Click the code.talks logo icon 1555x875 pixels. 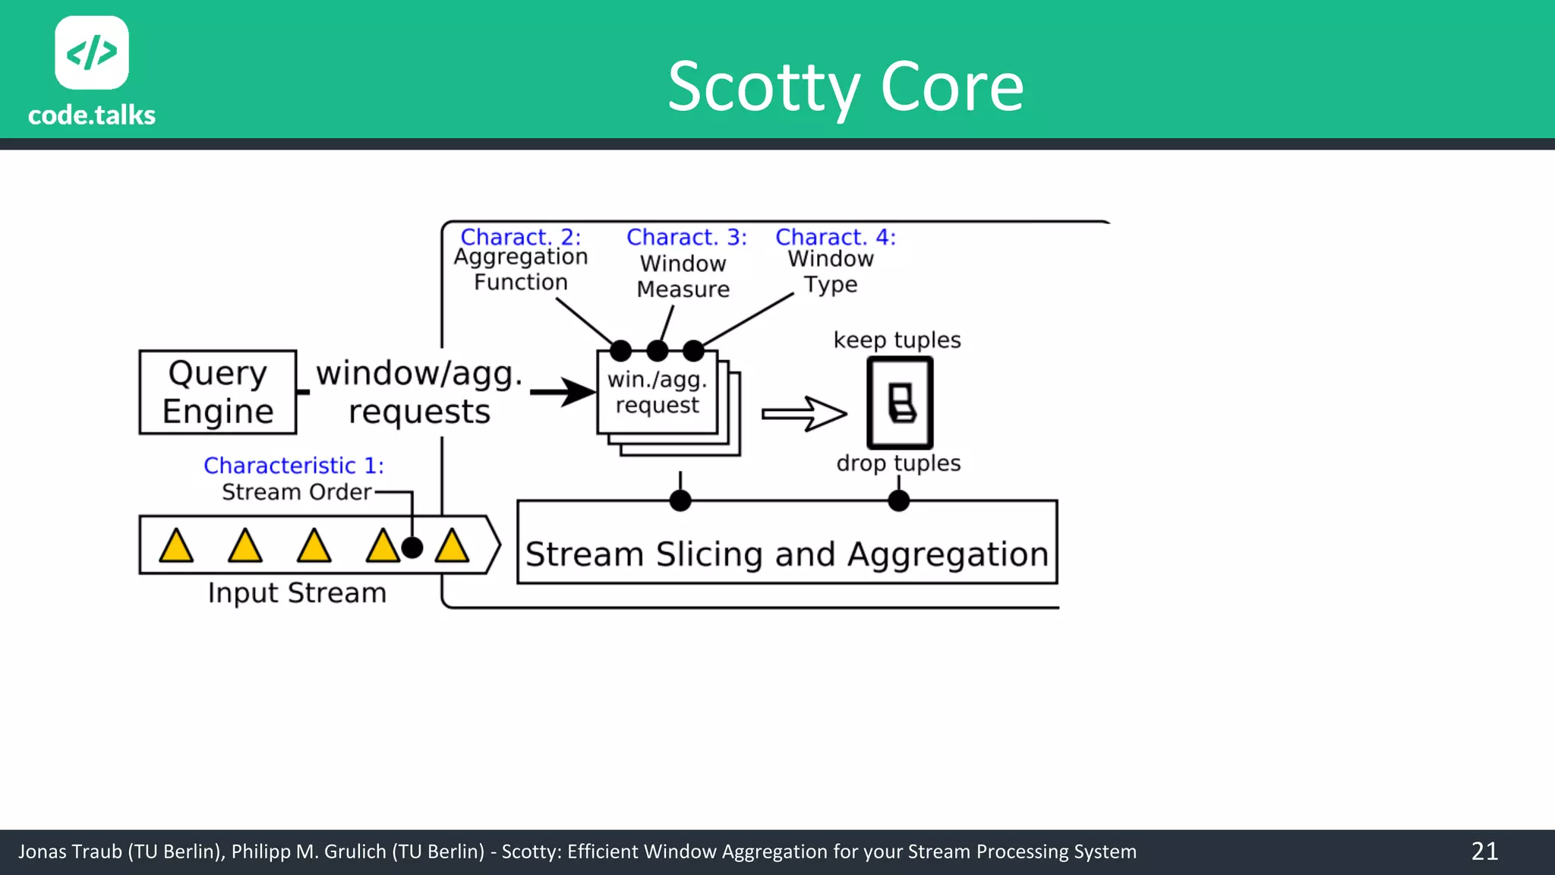(92, 52)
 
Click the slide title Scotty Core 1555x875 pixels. (845, 87)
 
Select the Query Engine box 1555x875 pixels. (218, 392)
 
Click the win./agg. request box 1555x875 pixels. (658, 393)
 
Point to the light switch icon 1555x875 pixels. (901, 403)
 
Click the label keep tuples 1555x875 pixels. (897, 340)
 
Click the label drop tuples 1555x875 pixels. (898, 463)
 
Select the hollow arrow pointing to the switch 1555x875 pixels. (803, 414)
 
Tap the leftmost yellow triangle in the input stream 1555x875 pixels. (176, 546)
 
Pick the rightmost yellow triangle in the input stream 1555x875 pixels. (452, 546)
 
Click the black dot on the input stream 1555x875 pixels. (412, 547)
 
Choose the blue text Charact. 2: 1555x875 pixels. (520, 237)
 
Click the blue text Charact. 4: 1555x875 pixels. (835, 237)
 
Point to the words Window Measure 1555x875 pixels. (683, 276)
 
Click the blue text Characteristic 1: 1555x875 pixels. (294, 465)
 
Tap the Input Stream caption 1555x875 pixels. (297, 592)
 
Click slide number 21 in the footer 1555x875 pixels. (1484, 851)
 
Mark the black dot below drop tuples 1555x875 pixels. (898, 501)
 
